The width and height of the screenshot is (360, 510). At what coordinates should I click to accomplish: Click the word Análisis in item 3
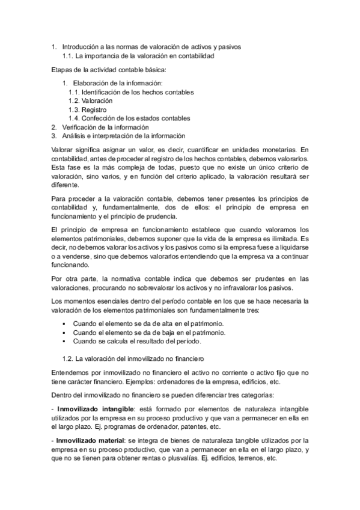[75, 136]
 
